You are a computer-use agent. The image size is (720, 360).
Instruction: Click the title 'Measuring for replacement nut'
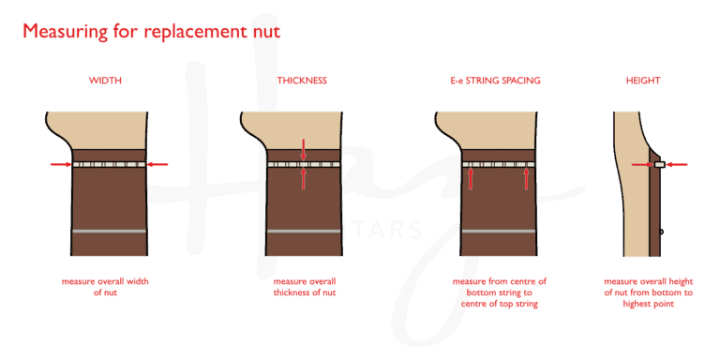click(x=151, y=32)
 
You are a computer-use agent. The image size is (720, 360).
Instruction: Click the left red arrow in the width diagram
click(x=60, y=164)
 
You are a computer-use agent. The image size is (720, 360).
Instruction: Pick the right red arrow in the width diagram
click(x=157, y=164)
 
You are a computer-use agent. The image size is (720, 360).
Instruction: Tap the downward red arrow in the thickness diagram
click(x=303, y=149)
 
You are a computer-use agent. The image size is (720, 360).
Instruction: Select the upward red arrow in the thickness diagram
click(x=303, y=179)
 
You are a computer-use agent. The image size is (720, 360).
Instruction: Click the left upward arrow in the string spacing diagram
click(x=470, y=178)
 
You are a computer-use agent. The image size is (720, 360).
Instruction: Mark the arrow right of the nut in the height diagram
click(x=677, y=165)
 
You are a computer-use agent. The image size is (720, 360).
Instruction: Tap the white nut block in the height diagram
click(x=660, y=165)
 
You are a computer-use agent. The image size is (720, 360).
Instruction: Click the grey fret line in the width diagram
click(x=109, y=230)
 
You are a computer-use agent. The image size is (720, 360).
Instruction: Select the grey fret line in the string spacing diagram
click(x=497, y=230)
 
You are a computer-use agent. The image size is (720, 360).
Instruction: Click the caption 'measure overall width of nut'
click(x=105, y=285)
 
